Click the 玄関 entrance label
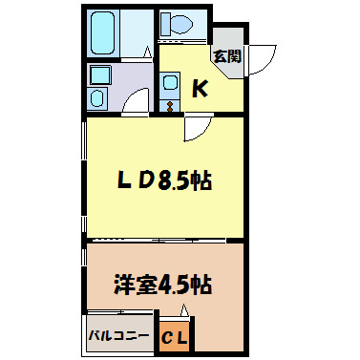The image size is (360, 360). point(226,56)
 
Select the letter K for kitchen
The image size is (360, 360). point(201,89)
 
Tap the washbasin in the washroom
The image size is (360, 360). point(98,74)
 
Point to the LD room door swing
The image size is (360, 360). point(196,127)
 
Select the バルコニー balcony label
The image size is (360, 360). point(118,336)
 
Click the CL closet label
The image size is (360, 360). point(175,337)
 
